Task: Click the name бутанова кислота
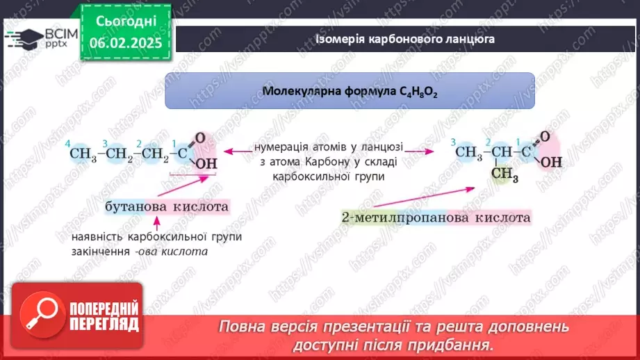[x=166, y=206]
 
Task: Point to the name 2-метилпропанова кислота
[x=436, y=218]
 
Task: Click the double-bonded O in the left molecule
[x=200, y=138]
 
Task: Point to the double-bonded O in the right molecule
[x=545, y=136]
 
